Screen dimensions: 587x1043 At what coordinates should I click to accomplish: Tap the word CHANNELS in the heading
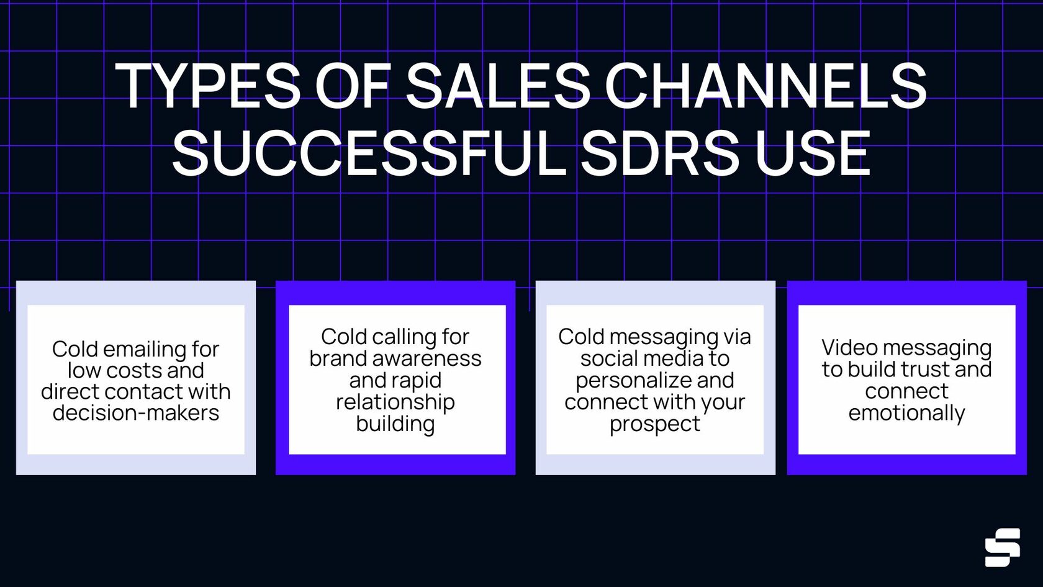(765, 86)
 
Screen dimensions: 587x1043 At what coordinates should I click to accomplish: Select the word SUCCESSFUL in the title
(368, 153)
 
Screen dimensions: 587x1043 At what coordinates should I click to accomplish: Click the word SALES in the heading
(498, 86)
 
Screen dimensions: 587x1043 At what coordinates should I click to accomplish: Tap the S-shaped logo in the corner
(1002, 547)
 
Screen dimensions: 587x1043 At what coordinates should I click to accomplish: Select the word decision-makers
(136, 412)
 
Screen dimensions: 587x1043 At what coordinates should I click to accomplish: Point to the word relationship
(395, 403)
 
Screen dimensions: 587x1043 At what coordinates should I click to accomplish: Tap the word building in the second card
(395, 424)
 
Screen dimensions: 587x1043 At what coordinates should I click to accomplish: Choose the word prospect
(654, 424)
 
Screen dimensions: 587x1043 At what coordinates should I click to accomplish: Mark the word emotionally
(906, 413)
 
